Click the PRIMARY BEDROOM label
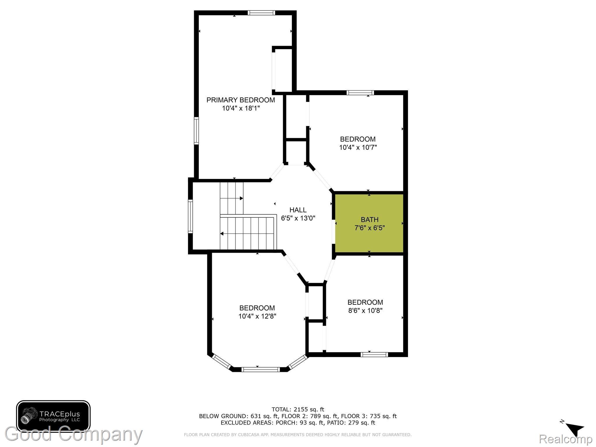(240, 100)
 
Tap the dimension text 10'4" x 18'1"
(241, 108)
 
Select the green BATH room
(369, 223)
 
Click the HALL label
(298, 210)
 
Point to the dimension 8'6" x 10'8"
(365, 311)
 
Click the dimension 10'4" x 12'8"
(257, 316)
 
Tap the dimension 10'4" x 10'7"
(358, 147)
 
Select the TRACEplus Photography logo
(53, 416)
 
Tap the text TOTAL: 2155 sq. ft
(298, 409)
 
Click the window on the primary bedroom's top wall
(261, 13)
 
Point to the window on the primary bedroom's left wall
(196, 131)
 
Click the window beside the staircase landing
(190, 216)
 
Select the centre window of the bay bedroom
(261, 370)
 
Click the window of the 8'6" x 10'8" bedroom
(374, 354)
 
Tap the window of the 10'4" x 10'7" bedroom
(360, 93)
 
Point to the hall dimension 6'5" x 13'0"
(298, 218)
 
